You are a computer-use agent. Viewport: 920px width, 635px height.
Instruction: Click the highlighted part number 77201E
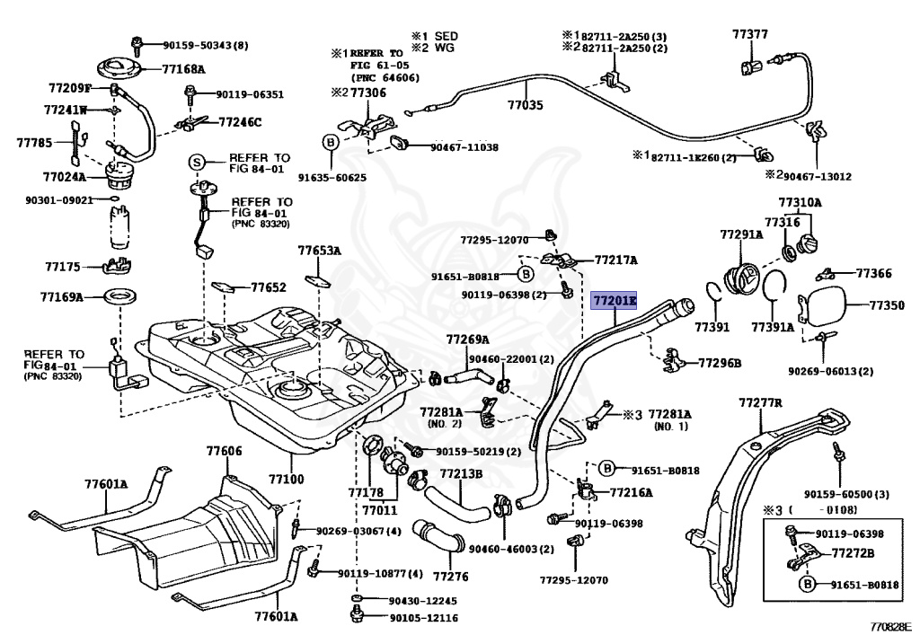pos(613,300)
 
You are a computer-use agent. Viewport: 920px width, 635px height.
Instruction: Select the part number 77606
pos(224,451)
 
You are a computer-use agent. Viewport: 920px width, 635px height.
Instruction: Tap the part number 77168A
pos(183,68)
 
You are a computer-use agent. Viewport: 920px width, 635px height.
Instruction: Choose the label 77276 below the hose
pos(450,576)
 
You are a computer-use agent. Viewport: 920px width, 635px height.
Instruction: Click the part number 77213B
pos(461,473)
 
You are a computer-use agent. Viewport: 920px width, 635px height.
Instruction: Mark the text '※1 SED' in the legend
pos(435,36)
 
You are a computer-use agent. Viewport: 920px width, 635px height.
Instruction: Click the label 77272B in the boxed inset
pos(853,553)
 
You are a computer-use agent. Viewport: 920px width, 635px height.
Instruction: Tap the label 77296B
pos(720,363)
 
